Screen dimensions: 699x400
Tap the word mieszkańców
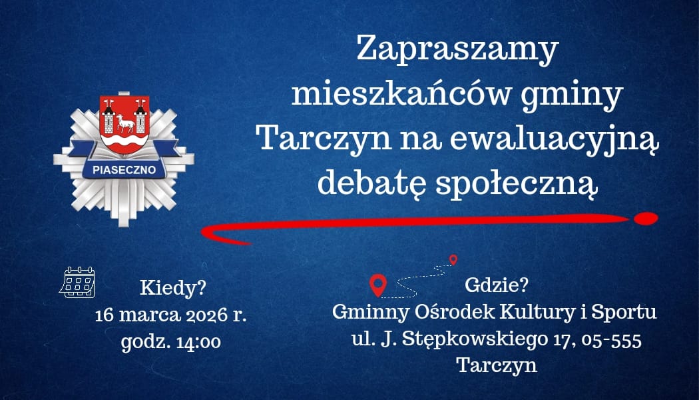pyautogui.click(x=400, y=95)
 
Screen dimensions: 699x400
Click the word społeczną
pyautogui.click(x=517, y=184)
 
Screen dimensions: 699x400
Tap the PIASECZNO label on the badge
pyautogui.click(x=124, y=170)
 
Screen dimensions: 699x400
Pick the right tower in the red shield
pyautogui.click(x=140, y=117)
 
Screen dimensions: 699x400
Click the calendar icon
pyautogui.click(x=77, y=282)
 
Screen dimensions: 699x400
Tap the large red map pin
pyautogui.click(x=378, y=285)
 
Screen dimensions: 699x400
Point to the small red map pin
pyautogui.click(x=453, y=259)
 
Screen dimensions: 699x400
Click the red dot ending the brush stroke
pyautogui.click(x=646, y=218)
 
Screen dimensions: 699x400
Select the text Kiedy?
pyautogui.click(x=173, y=288)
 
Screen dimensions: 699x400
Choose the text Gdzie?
pyautogui.click(x=496, y=285)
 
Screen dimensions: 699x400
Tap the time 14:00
pyautogui.click(x=198, y=343)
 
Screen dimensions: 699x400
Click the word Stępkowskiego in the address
pyautogui.click(x=475, y=340)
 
